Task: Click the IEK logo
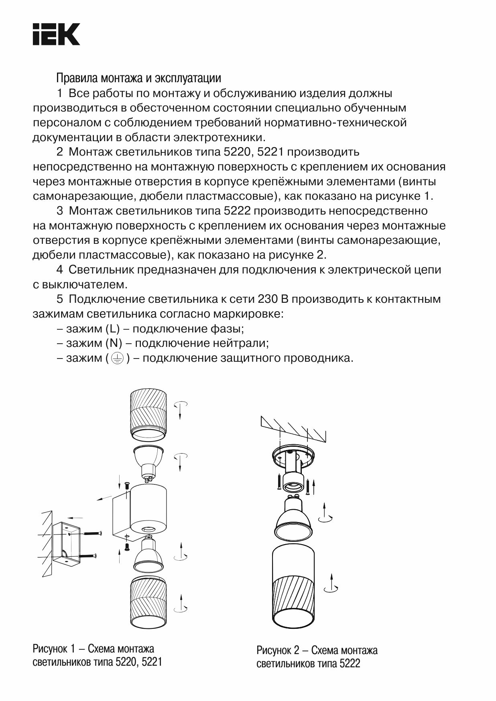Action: (56, 34)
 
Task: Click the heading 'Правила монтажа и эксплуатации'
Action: (138, 77)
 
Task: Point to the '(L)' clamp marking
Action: (113, 329)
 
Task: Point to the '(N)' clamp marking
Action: (114, 343)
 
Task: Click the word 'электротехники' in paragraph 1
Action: (219, 138)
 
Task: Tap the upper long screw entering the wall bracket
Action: (92, 533)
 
